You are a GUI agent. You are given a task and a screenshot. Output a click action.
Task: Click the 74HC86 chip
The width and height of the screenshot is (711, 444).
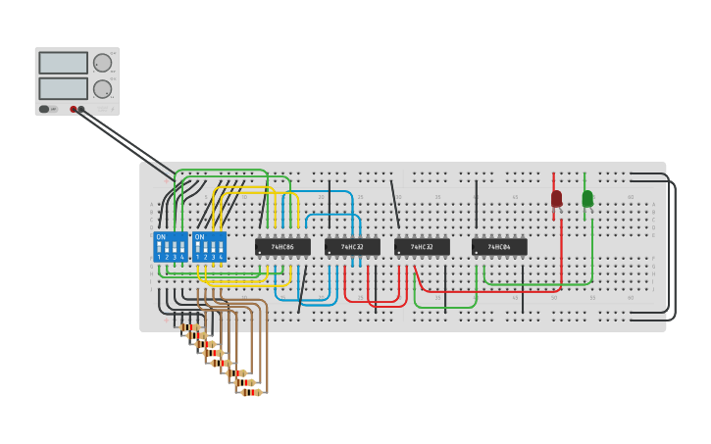pyautogui.click(x=282, y=247)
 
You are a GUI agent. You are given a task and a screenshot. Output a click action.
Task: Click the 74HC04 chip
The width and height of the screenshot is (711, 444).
pyautogui.click(x=499, y=247)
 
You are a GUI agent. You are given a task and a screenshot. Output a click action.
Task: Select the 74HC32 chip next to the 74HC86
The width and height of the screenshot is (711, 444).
pyautogui.click(x=352, y=247)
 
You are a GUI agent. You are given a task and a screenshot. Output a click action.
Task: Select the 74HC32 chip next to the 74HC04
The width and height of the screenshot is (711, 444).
pyautogui.click(x=423, y=247)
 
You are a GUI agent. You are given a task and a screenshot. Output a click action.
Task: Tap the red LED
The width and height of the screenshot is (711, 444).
pyautogui.click(x=556, y=199)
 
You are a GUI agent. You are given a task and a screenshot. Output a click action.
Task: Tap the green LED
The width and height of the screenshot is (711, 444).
pyautogui.click(x=587, y=199)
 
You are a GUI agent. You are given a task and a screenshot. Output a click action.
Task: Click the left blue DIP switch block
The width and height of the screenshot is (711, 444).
pyautogui.click(x=170, y=247)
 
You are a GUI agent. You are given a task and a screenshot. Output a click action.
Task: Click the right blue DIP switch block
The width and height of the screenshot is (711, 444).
pyautogui.click(x=209, y=247)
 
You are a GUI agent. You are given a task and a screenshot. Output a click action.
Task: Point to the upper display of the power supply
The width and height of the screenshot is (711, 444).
pyautogui.click(x=63, y=63)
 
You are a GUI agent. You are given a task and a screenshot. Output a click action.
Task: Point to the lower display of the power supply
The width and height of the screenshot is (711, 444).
pyautogui.click(x=63, y=88)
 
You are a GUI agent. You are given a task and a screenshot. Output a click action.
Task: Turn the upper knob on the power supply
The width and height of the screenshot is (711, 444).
pyautogui.click(x=102, y=63)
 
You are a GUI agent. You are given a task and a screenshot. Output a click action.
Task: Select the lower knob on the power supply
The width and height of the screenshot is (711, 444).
pyautogui.click(x=102, y=89)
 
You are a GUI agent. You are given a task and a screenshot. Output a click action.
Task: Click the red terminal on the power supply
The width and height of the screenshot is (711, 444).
pyautogui.click(x=74, y=109)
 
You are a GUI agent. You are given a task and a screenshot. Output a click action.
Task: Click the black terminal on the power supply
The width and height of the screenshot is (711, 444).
pyautogui.click(x=81, y=109)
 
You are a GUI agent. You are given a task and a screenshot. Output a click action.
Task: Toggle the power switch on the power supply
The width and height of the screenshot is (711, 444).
pyautogui.click(x=44, y=109)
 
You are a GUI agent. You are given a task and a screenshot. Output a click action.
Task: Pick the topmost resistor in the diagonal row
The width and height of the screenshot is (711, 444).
pyautogui.click(x=188, y=327)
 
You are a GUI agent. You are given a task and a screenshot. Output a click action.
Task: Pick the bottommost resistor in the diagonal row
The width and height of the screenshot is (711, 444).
pyautogui.click(x=251, y=392)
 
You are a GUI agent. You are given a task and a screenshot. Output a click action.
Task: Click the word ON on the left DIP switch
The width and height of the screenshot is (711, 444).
pyautogui.click(x=161, y=237)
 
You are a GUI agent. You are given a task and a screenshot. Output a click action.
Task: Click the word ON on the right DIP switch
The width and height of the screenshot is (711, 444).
pyautogui.click(x=200, y=237)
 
